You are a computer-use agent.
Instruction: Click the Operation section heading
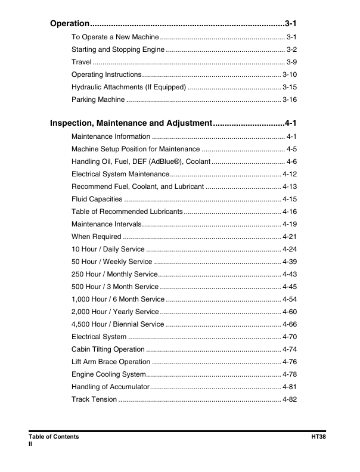coord(69,24)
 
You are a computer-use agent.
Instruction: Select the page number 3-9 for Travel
coord(291,62)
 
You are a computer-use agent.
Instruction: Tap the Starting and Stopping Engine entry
coord(118,49)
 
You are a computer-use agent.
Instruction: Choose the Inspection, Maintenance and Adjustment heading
coord(131,123)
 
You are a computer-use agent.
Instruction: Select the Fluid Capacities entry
coord(97,199)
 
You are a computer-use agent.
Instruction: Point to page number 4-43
coord(290,274)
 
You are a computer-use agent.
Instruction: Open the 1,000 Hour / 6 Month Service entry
coord(118,299)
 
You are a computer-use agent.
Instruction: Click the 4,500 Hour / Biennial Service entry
coord(117,324)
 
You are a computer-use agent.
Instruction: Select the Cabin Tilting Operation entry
coord(108,349)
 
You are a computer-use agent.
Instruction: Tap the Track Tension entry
coord(94,399)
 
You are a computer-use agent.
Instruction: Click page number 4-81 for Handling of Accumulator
coord(290,387)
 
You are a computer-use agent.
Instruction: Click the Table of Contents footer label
coord(54,437)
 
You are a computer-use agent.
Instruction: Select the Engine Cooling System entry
coord(108,374)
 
